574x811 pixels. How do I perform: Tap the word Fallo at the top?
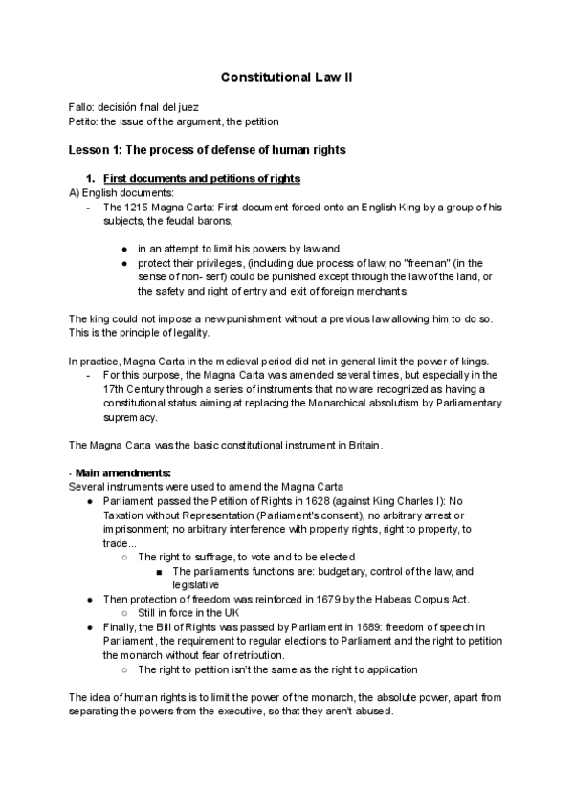point(82,108)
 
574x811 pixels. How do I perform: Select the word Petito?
point(84,122)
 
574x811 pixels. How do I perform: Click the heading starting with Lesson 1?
point(207,150)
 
